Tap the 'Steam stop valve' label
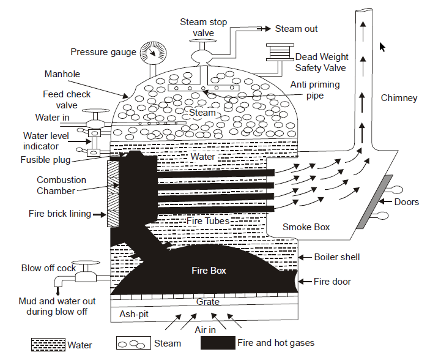point(202,28)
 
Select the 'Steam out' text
point(296,29)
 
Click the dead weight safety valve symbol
point(278,53)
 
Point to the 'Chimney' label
point(399,98)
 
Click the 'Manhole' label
point(62,74)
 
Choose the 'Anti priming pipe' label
point(314,90)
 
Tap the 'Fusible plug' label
point(45,160)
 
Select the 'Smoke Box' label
point(306,227)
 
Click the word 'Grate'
point(208,302)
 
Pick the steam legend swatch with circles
point(132,344)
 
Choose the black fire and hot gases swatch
point(217,343)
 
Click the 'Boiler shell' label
point(337,257)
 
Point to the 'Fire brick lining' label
point(60,214)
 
